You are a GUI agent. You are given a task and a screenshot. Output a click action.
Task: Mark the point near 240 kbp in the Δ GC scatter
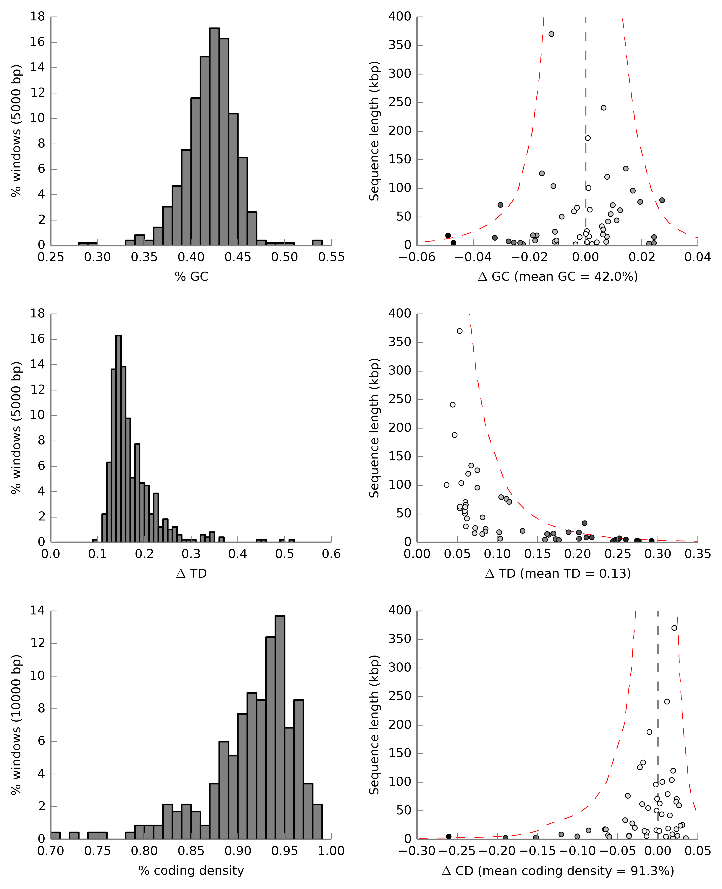(603, 108)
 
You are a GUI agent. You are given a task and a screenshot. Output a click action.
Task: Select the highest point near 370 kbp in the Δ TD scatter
(460, 331)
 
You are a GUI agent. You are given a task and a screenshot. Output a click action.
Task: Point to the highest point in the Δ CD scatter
(674, 628)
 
